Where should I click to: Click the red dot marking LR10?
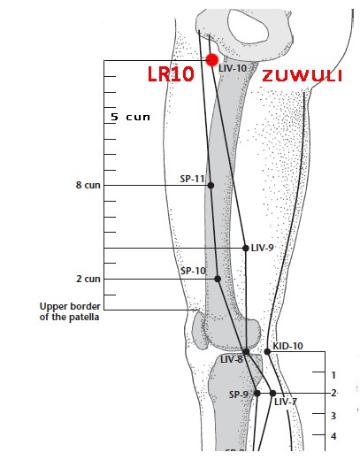212,60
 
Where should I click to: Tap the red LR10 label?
171,74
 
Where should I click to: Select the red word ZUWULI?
303,76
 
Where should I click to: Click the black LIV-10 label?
233,68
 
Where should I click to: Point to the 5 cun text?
130,117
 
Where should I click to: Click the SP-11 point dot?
211,185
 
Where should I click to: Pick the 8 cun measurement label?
88,185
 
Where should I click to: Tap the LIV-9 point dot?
246,248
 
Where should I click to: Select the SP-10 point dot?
218,279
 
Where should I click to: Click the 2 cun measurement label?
88,279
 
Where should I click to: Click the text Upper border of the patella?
70,311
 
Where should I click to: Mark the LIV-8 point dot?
246,351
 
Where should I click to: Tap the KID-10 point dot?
267,351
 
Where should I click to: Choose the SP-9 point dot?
257,393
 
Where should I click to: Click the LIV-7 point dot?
272,393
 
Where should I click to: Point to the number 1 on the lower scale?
333,375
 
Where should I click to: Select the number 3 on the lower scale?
333,416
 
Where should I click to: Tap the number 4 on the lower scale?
333,436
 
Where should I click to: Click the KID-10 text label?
287,346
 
